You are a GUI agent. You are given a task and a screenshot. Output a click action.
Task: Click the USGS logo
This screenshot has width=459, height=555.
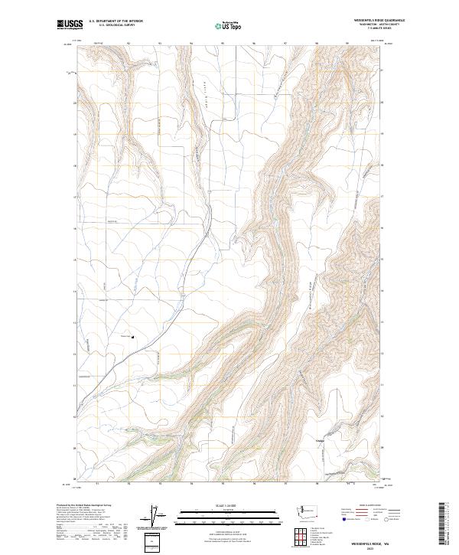click(x=70, y=24)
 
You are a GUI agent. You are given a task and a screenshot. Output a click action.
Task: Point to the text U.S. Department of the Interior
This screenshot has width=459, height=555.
click(x=116, y=21)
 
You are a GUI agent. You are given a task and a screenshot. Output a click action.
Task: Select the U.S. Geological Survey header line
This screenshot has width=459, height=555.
click(x=111, y=25)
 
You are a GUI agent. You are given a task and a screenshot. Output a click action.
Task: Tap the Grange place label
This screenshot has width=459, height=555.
click(x=321, y=441)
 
